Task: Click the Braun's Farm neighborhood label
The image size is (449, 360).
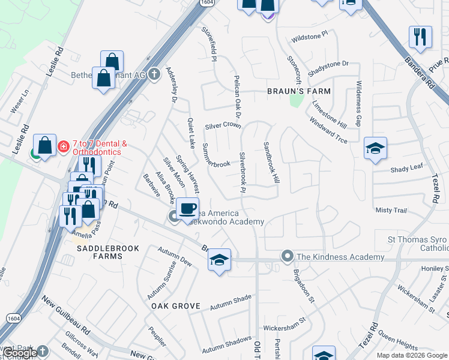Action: [299, 91]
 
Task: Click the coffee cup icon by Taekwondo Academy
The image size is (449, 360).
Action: [188, 208]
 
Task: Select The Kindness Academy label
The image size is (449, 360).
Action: [340, 257]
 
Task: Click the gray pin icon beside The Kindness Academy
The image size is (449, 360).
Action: [288, 257]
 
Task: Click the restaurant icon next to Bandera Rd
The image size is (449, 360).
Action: [420, 37]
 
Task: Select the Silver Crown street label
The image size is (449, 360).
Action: [223, 126]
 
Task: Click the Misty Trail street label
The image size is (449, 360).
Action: [391, 211]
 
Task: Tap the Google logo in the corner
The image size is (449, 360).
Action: [19, 353]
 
